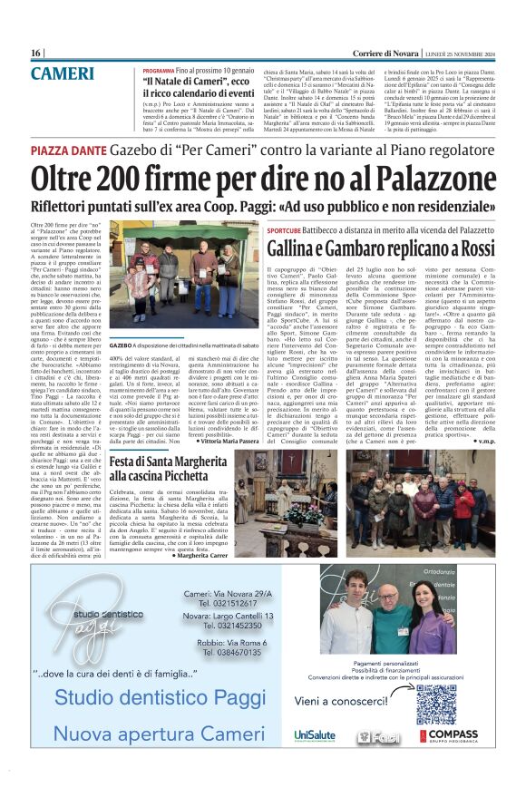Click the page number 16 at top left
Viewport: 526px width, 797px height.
tap(36, 53)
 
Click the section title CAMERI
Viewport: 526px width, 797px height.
tap(62, 73)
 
